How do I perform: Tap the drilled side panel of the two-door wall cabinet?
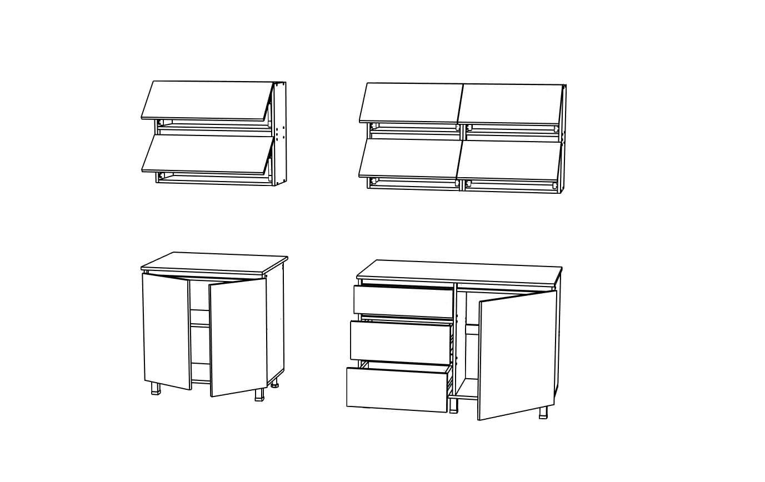click(x=280, y=133)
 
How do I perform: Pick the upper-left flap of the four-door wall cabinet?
click(x=411, y=102)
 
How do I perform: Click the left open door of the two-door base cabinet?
click(x=167, y=330)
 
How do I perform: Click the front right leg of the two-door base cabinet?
click(x=259, y=395)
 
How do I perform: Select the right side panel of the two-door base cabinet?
click(x=275, y=325)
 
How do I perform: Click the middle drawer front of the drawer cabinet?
click(x=401, y=342)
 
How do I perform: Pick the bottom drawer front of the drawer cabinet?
click(x=397, y=389)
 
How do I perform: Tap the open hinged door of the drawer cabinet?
click(x=517, y=355)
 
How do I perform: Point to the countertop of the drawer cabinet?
click(x=458, y=272)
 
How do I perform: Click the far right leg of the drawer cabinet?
click(x=543, y=412)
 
